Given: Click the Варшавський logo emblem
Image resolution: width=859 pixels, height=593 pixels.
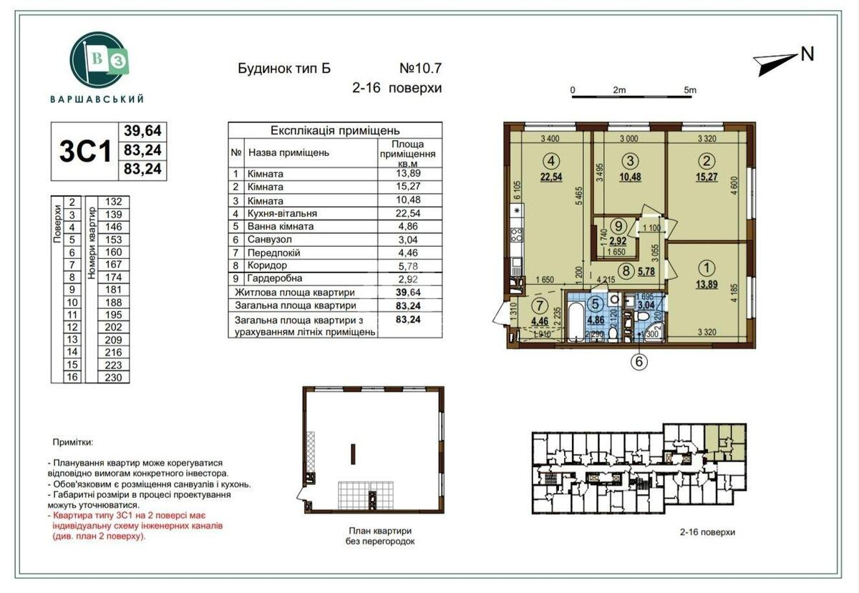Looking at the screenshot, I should pos(99,60).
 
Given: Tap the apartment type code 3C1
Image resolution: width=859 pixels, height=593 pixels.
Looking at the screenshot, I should pos(84,151).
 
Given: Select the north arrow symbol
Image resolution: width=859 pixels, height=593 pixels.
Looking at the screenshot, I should pos(776,64).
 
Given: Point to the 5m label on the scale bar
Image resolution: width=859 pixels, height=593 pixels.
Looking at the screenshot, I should pos(689,90).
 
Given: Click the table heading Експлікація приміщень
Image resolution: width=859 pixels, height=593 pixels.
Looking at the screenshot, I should pos(335,131).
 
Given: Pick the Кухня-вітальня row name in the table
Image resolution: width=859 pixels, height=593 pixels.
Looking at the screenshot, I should pos(282,213).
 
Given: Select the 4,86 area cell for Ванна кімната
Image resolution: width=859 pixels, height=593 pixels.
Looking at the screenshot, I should pos(406,226).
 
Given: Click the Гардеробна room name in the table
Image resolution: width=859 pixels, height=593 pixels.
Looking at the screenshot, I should pos(275,278).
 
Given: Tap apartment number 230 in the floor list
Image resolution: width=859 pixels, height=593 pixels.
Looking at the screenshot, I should pos(113,377).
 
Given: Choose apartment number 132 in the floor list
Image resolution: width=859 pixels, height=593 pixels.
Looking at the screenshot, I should pos(113,202).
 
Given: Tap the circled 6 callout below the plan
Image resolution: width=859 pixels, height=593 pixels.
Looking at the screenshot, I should pos(639,362).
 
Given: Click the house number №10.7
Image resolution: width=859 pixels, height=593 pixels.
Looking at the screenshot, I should pos(420,69).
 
